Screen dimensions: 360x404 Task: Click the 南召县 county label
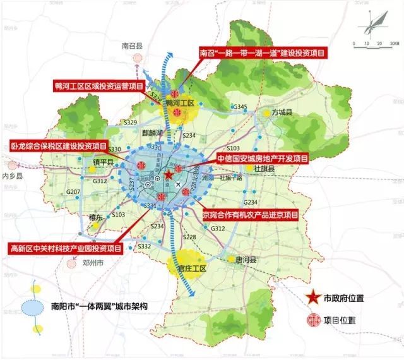coord(133,45)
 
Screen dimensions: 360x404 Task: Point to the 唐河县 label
coord(247,260)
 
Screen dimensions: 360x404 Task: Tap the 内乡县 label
coord(12,178)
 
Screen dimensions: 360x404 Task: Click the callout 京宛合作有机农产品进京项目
coord(249,215)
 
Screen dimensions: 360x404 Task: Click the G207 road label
coord(73,191)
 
